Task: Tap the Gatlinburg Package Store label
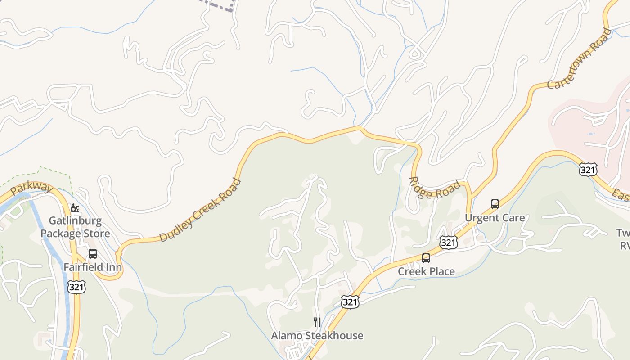coord(75,227)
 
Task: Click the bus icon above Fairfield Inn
coord(93,253)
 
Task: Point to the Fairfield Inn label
coord(93,267)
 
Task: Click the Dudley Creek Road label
coord(200,211)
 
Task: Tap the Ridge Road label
coord(435,188)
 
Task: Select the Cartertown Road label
coord(580,58)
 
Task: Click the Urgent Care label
coord(495,218)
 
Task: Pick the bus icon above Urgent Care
coord(495,204)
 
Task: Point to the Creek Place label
coord(426,271)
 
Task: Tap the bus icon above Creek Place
coord(426,258)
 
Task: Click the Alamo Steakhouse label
coord(317,336)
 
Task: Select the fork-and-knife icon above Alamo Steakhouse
coord(317,322)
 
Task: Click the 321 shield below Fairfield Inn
coord(76,287)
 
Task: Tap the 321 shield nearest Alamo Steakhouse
coord(350,301)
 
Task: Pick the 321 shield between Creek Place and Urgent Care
coord(449,243)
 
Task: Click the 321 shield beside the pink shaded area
coord(588,170)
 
